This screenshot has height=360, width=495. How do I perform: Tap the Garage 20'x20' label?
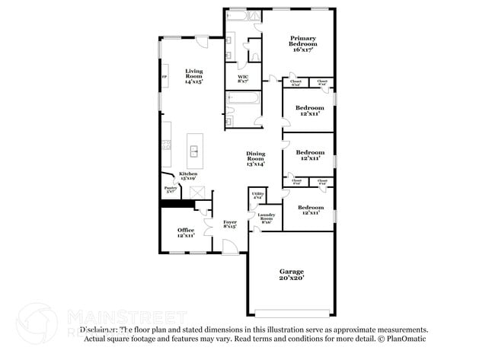(x=291, y=275)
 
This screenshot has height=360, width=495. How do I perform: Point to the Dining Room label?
(x=255, y=158)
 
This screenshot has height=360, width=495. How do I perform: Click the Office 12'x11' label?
(x=186, y=233)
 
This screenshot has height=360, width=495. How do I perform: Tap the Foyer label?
(x=229, y=224)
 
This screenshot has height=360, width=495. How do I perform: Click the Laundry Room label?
(x=266, y=218)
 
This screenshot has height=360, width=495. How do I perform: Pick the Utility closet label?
(x=257, y=196)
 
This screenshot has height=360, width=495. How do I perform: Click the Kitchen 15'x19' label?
(x=188, y=177)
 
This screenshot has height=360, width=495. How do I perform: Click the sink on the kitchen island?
(x=194, y=150)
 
